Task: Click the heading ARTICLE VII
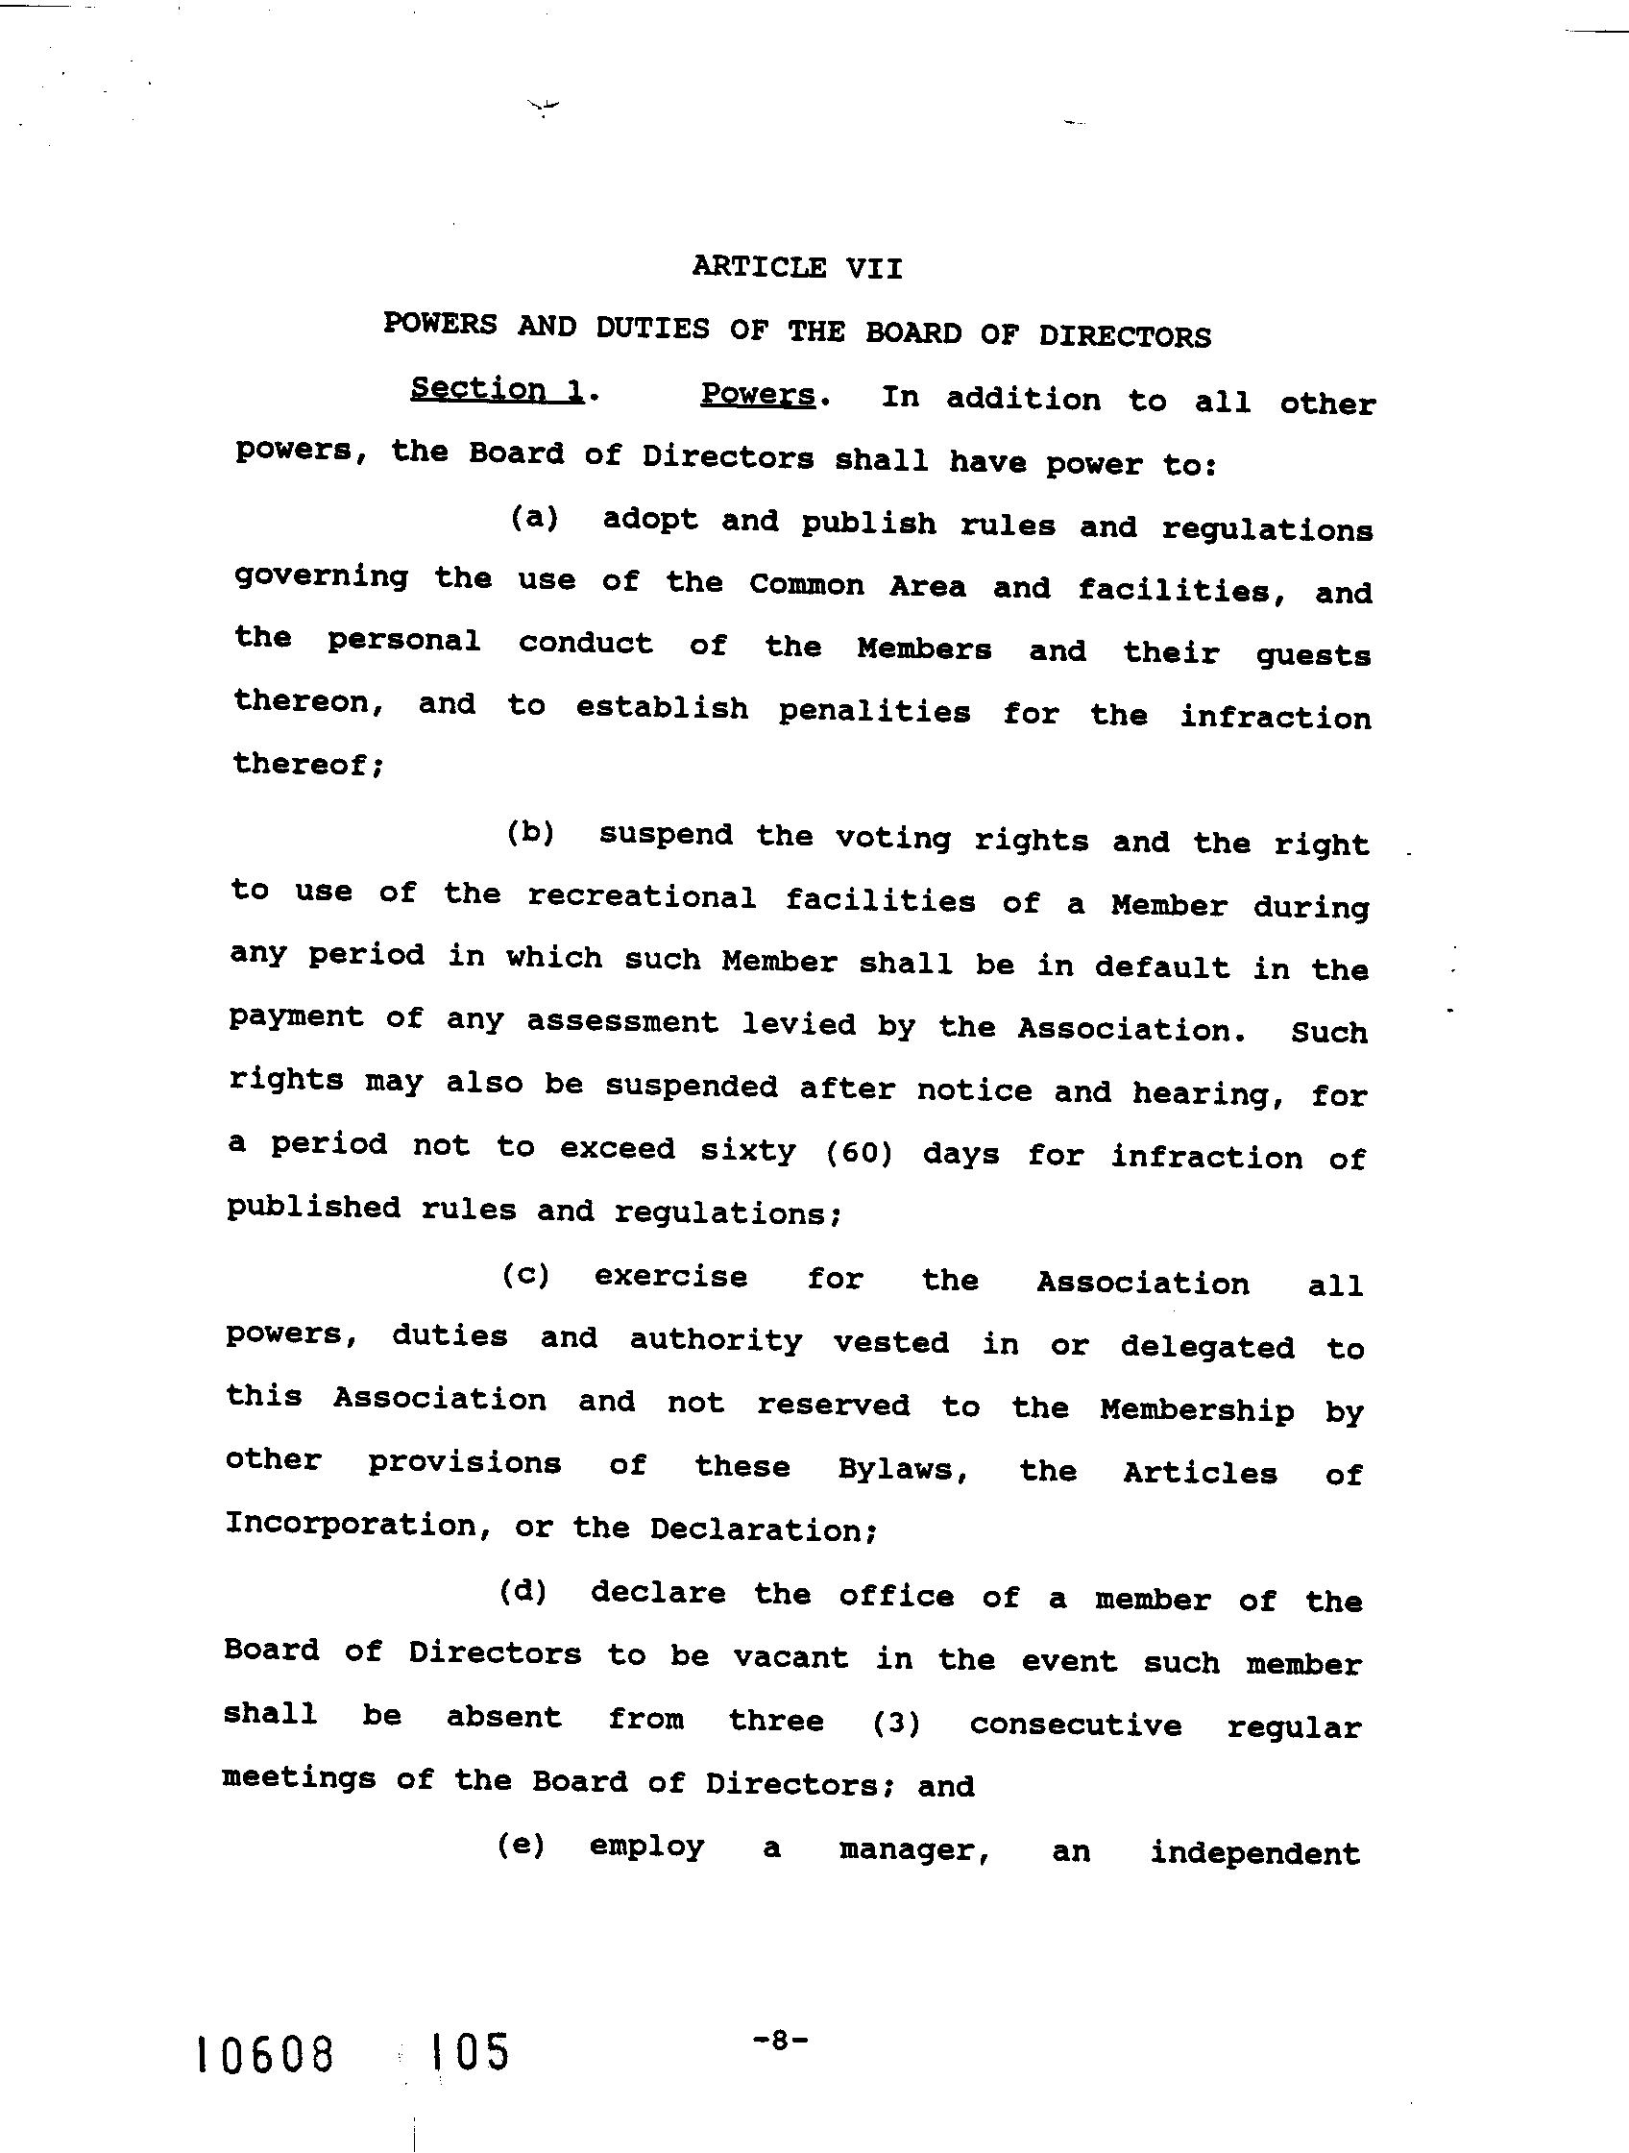coord(797,268)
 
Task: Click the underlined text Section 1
coord(498,389)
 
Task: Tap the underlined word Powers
coord(758,394)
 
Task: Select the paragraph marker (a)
coord(534,518)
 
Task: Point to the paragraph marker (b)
coord(530,833)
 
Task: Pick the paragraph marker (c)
coord(526,1275)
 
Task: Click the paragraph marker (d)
coord(523,1591)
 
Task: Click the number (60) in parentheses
coord(860,1154)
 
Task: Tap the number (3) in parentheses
coord(896,1724)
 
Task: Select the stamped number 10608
coord(266,2056)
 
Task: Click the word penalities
coord(874,712)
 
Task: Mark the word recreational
coord(642,896)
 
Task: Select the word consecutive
coord(1076,1725)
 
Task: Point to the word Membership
coord(1197,1409)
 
